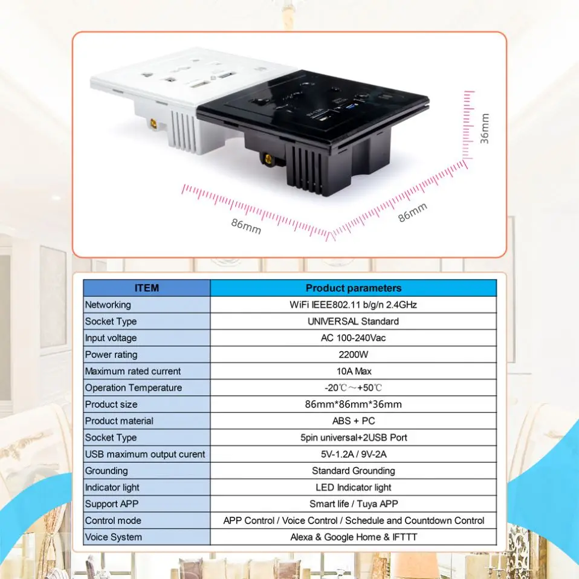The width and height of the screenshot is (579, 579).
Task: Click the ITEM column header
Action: pyautogui.click(x=146, y=288)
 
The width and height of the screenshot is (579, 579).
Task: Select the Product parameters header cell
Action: pyautogui.click(x=353, y=288)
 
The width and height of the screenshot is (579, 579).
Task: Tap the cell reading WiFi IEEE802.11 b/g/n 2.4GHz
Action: pyautogui.click(x=353, y=305)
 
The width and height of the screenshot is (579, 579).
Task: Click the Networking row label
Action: pyautogui.click(x=108, y=305)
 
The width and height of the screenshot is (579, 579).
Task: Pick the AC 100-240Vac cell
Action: pyautogui.click(x=353, y=338)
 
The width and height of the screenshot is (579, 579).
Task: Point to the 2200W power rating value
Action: pyautogui.click(x=353, y=355)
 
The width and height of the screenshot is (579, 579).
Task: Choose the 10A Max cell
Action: pyautogui.click(x=353, y=371)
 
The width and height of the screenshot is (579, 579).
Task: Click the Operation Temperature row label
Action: pyautogui.click(x=133, y=388)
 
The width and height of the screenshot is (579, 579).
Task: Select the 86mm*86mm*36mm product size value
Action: pyautogui.click(x=353, y=404)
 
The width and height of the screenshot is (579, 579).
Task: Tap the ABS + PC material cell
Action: pyautogui.click(x=353, y=421)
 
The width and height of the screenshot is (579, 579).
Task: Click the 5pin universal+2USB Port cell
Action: pyautogui.click(x=353, y=438)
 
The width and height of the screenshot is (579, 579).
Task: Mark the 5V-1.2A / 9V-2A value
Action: pyautogui.click(x=353, y=454)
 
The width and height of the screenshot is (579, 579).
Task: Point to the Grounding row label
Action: pyautogui.click(x=106, y=471)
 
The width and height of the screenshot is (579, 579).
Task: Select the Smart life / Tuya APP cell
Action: pyautogui.click(x=353, y=503)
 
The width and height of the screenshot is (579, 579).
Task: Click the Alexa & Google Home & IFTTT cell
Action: pyautogui.click(x=353, y=537)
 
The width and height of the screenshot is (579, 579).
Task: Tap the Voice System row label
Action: pyautogui.click(x=114, y=537)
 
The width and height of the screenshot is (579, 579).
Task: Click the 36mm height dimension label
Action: pyautogui.click(x=485, y=129)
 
